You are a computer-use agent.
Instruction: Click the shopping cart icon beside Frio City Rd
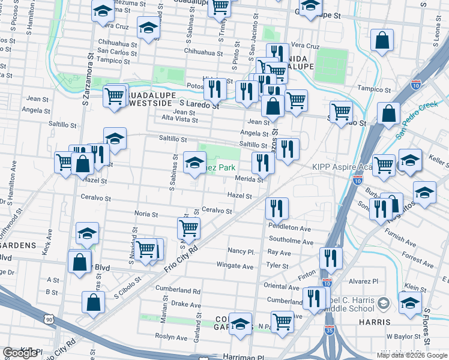(188, 228)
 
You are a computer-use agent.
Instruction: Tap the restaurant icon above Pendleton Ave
(277, 208)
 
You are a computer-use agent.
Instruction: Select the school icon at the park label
(194, 162)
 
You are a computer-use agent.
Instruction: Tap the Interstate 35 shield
(327, 282)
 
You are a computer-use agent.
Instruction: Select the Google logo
(20, 353)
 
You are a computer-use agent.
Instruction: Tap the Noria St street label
(146, 214)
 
